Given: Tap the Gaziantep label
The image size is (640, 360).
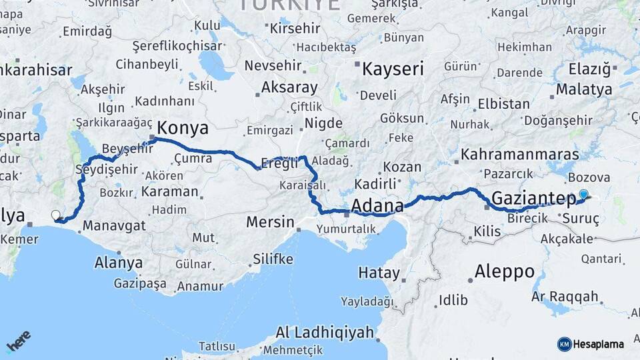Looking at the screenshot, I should point(533,197).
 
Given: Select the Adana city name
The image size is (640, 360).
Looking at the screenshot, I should point(377,205).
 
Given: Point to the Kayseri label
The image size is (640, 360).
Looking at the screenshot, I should point(393,67).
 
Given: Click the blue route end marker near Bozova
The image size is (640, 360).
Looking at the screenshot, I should point(584,195).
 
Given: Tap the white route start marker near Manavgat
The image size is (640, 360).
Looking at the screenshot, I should point(56,215).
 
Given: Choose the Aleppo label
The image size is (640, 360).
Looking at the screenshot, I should point(505,271).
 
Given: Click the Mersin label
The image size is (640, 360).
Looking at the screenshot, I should point(270,221).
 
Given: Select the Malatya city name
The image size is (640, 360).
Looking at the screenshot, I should point(584,89).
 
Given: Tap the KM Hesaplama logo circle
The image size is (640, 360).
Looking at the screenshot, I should point(564,344).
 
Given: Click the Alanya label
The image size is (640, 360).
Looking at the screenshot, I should point(118,262).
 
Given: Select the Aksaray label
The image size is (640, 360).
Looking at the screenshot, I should point(289,87).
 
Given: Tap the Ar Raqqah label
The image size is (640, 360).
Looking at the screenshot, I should point(565,296).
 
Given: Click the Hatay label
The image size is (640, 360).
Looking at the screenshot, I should point(379,273).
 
